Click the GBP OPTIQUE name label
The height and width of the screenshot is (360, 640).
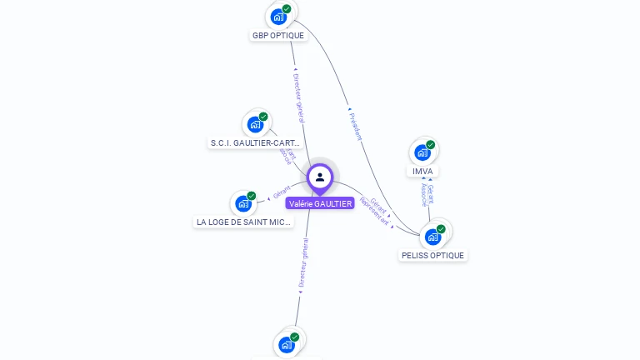pyautogui.click(x=278, y=35)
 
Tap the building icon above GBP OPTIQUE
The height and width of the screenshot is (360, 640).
pyautogui.click(x=278, y=16)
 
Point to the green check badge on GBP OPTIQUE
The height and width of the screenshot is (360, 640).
pyautogui.click(x=287, y=8)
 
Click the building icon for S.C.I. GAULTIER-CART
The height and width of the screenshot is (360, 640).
pyautogui.click(x=255, y=124)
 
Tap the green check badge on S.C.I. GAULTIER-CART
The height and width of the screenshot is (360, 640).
pyautogui.click(x=263, y=117)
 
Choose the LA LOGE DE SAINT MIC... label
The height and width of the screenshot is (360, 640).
pyautogui.click(x=243, y=222)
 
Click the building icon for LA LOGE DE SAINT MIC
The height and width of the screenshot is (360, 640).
pyautogui.click(x=243, y=203)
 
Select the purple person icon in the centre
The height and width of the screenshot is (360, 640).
pyautogui.click(x=320, y=177)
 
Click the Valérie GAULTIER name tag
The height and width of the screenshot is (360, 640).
pyautogui.click(x=320, y=203)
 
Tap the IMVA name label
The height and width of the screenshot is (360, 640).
pyautogui.click(x=422, y=171)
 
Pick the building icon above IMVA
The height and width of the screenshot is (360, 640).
pyautogui.click(x=422, y=152)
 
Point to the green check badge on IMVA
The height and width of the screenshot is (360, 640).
pyautogui.click(x=431, y=145)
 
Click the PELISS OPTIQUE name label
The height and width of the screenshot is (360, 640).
pyautogui.click(x=433, y=255)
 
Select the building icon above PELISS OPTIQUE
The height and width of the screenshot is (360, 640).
pyautogui.click(x=432, y=237)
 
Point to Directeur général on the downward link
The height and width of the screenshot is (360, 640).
pyautogui.click(x=304, y=265)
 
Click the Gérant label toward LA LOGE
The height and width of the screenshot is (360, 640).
pyautogui.click(x=282, y=193)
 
